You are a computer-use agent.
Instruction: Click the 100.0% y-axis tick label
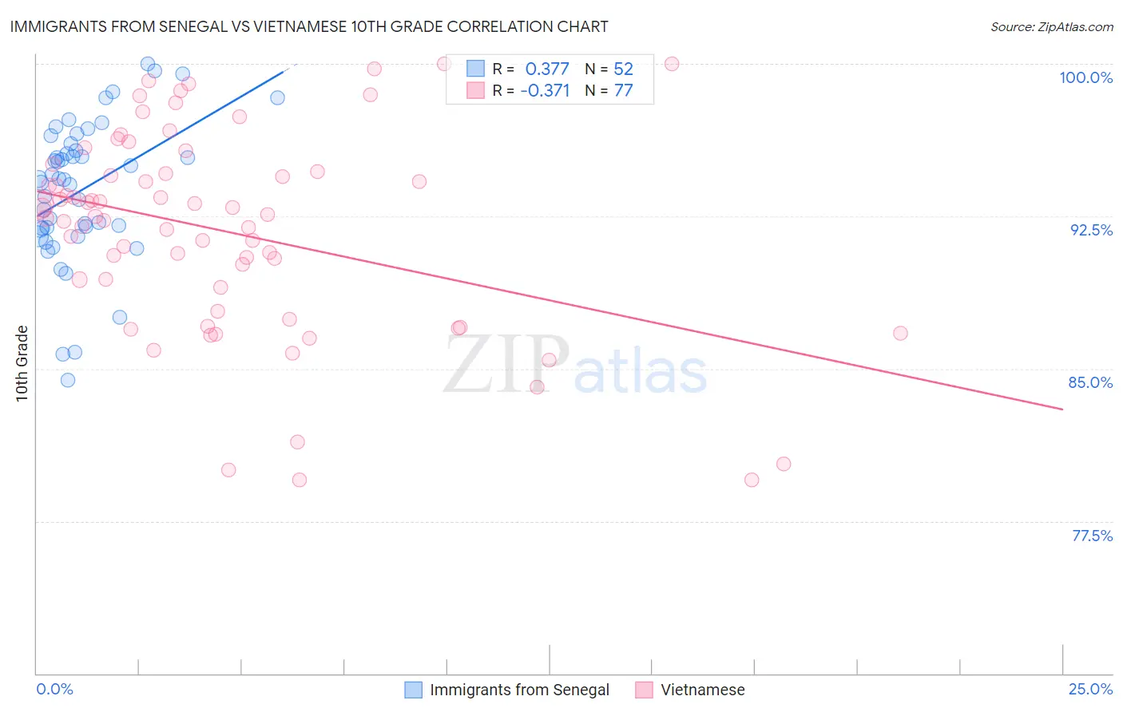(1085, 77)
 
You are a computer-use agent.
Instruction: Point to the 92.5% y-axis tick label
(1091, 230)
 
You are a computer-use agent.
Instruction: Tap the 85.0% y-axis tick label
(1090, 382)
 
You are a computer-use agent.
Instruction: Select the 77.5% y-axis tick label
(1092, 536)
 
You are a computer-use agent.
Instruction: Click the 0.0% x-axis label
(54, 689)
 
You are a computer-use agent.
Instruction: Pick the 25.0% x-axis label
(1090, 689)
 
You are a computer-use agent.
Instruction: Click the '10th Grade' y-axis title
(22, 363)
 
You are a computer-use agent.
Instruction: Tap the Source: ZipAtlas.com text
(1051, 27)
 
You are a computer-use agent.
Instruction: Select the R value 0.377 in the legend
(547, 69)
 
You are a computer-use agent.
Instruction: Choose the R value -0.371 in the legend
(545, 91)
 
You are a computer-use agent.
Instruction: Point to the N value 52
(623, 69)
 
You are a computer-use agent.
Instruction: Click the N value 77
(623, 91)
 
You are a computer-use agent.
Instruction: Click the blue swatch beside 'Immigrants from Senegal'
(413, 690)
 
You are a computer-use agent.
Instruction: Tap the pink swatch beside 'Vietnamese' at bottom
(644, 690)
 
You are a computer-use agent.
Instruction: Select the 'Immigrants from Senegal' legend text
(519, 690)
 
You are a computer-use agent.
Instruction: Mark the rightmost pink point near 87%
(900, 333)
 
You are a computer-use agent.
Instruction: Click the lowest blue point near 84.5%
(68, 380)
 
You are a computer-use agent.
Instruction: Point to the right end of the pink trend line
(1062, 409)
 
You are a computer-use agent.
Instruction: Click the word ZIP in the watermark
(506, 365)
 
